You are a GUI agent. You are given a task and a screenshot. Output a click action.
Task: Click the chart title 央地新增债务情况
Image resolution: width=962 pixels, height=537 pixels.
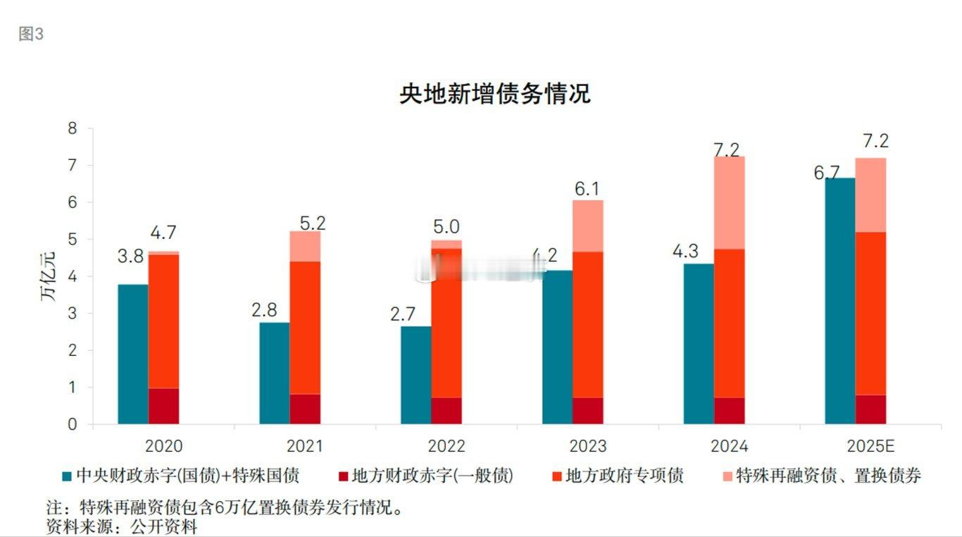[494, 94]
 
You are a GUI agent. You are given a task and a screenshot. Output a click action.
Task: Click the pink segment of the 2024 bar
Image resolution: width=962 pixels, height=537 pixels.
[729, 203]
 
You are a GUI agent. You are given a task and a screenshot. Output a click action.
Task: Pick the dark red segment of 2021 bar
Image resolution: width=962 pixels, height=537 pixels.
[305, 409]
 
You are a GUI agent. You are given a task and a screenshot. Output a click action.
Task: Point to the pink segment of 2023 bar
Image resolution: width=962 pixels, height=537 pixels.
[587, 226]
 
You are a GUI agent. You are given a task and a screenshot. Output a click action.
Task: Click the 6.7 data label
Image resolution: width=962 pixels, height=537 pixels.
[826, 172]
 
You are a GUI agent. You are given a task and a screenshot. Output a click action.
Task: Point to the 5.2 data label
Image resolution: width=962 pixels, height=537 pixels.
[312, 223]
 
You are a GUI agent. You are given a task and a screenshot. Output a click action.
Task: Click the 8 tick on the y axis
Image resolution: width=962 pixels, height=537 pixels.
[72, 128]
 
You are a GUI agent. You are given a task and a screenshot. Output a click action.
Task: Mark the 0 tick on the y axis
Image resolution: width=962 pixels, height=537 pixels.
[72, 424]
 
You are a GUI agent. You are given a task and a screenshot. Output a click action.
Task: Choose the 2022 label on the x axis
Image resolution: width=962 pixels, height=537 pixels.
[446, 447]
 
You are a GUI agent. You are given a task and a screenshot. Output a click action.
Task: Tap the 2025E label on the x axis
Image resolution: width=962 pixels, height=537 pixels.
[870, 447]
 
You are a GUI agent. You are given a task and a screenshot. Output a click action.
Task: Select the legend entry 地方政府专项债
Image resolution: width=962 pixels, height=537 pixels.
[624, 476]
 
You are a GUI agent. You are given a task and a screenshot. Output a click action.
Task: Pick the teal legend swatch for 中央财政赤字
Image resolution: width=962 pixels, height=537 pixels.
[67, 476]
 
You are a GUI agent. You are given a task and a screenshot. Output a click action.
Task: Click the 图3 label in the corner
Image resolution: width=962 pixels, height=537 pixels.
[31, 35]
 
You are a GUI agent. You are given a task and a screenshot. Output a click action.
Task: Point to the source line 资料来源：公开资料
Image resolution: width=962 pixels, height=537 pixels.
[121, 526]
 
